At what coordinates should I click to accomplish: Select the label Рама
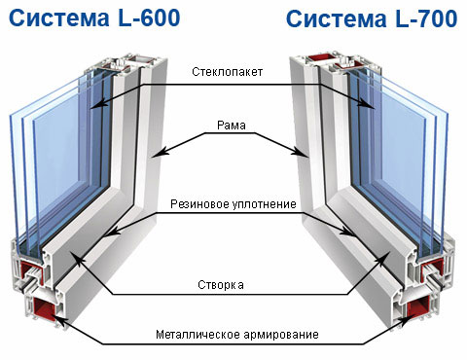point(232,126)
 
